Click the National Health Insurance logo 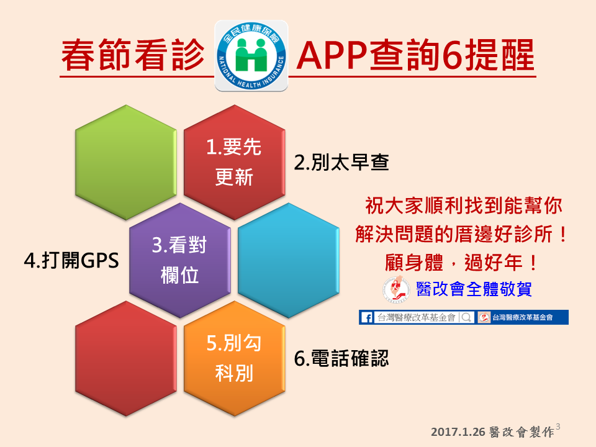tap(251, 56)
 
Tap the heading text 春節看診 tap(133, 55)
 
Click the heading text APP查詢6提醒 tap(415, 55)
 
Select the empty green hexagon tap(126, 162)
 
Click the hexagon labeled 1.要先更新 tap(235, 162)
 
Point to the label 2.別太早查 tap(341, 162)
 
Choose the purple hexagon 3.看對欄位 tap(180, 260)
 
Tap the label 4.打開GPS tap(71, 261)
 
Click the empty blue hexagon tap(289, 260)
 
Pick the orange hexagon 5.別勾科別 tap(235, 358)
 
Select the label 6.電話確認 tap(341, 358)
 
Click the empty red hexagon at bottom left tap(126, 358)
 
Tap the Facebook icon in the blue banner tap(367, 317)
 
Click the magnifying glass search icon tap(466, 317)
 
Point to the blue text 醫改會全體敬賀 tap(474, 289)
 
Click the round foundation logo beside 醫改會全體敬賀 tap(397, 289)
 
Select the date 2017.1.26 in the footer tap(458, 432)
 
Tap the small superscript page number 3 tap(558, 427)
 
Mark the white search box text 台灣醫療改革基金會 tap(416, 317)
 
